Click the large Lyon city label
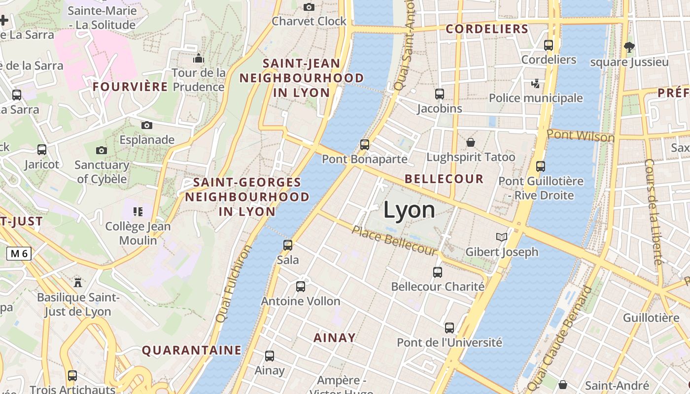coord(409,210)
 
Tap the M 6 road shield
coord(19,254)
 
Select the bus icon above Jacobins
coord(440,94)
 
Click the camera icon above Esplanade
coord(146,125)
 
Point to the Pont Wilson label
coord(581,135)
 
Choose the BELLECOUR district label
coord(444,179)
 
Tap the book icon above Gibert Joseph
coord(502,237)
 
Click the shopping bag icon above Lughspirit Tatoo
coord(471,142)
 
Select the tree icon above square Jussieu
coord(629,47)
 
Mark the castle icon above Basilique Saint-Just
coord(77,282)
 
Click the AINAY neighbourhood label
coord(335,338)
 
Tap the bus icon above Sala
coord(288,245)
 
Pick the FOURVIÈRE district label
coord(131,87)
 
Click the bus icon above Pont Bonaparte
coord(365,144)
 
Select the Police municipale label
coord(535,98)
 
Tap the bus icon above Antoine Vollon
coord(301,286)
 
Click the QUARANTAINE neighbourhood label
coord(192,350)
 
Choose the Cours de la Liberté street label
coord(654,212)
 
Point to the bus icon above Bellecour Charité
coord(438,272)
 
